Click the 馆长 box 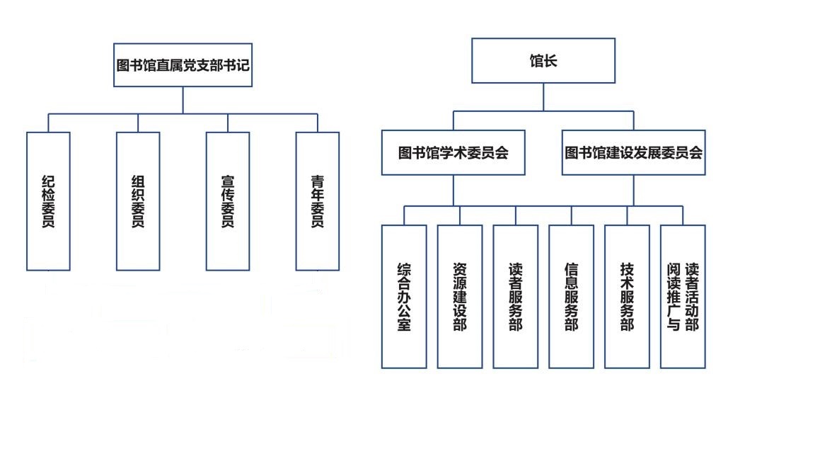[x=543, y=60]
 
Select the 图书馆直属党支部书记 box [x=183, y=65]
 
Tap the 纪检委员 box [x=48, y=201]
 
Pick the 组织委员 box [x=138, y=201]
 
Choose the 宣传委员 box [x=228, y=201]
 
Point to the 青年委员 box [x=318, y=201]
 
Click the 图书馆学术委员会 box [x=453, y=152]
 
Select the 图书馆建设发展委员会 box [x=634, y=152]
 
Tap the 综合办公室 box [x=404, y=297]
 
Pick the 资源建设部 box [x=460, y=297]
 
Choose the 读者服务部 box [x=516, y=297]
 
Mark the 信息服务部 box [x=571, y=297]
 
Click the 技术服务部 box [x=627, y=297]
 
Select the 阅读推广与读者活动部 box [x=683, y=297]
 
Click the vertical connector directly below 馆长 [x=543, y=97]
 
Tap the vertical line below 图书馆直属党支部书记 [x=183, y=100]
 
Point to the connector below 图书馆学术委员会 [x=453, y=191]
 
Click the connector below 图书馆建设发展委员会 [x=634, y=191]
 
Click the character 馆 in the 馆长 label [x=536, y=61]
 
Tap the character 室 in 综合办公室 [x=404, y=324]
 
